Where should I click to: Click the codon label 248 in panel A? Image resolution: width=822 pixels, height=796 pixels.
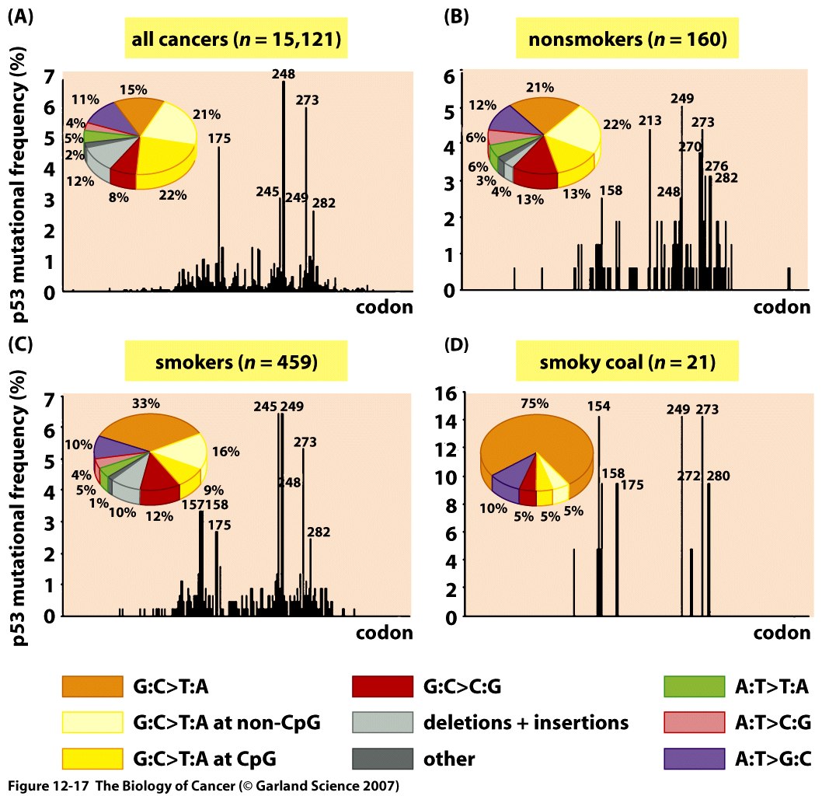[283, 75]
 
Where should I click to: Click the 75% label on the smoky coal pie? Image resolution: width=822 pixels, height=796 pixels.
[535, 403]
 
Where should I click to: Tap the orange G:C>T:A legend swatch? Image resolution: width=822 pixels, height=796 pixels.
[92, 686]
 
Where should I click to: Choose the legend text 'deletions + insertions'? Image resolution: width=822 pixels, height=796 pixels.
[525, 722]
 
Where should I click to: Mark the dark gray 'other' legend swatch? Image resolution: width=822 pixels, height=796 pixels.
[381, 758]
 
